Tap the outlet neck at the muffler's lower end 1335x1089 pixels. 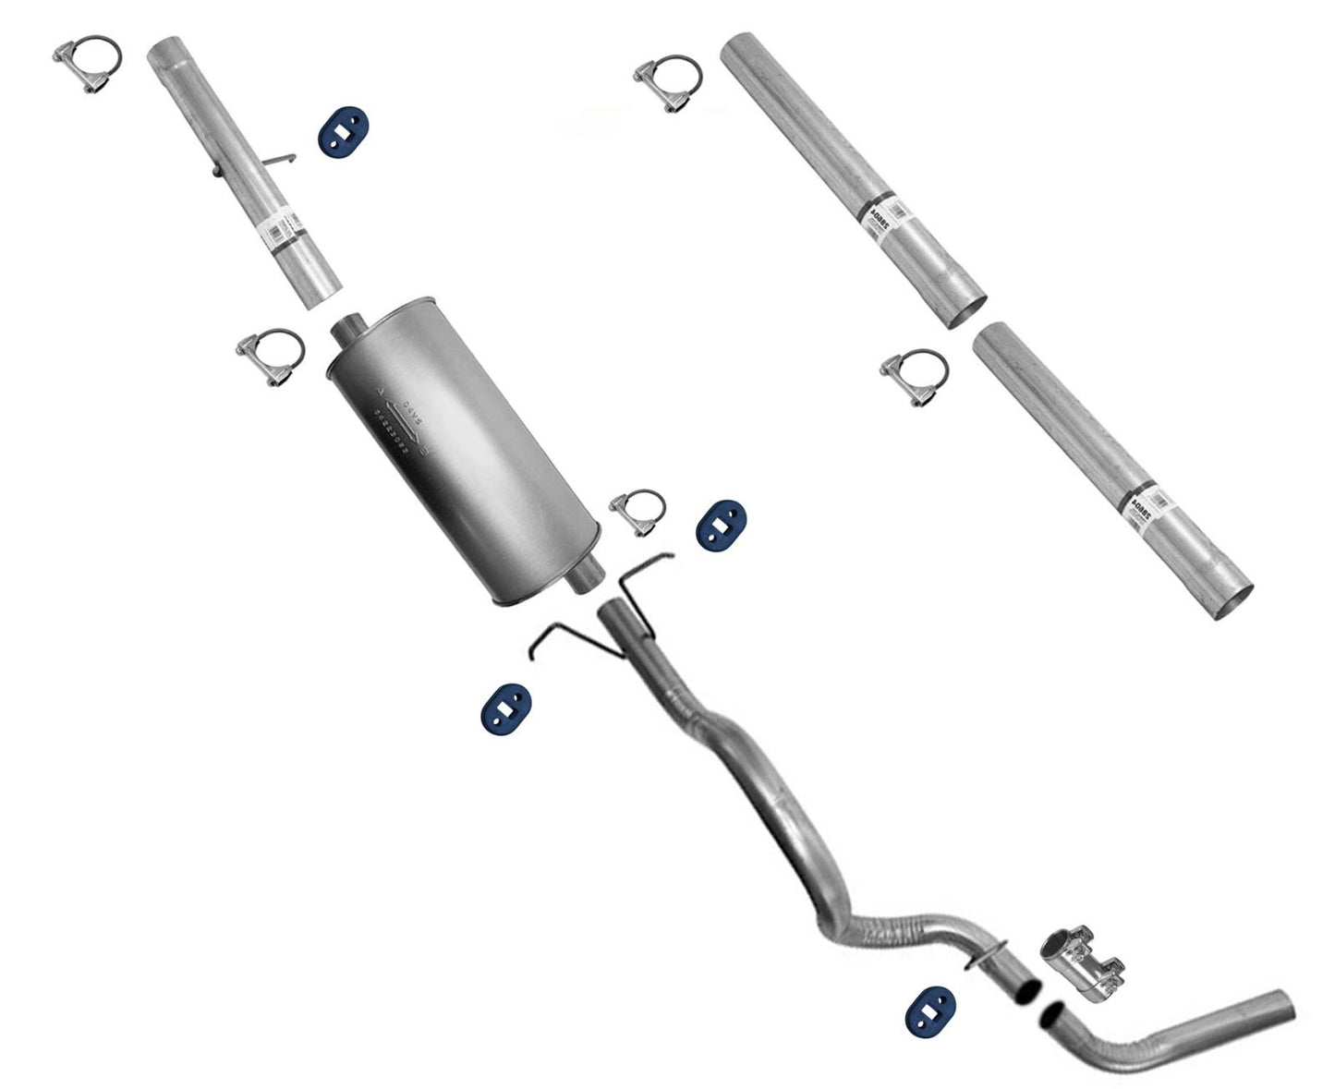click(585, 579)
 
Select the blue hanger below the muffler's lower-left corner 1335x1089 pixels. click(504, 711)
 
